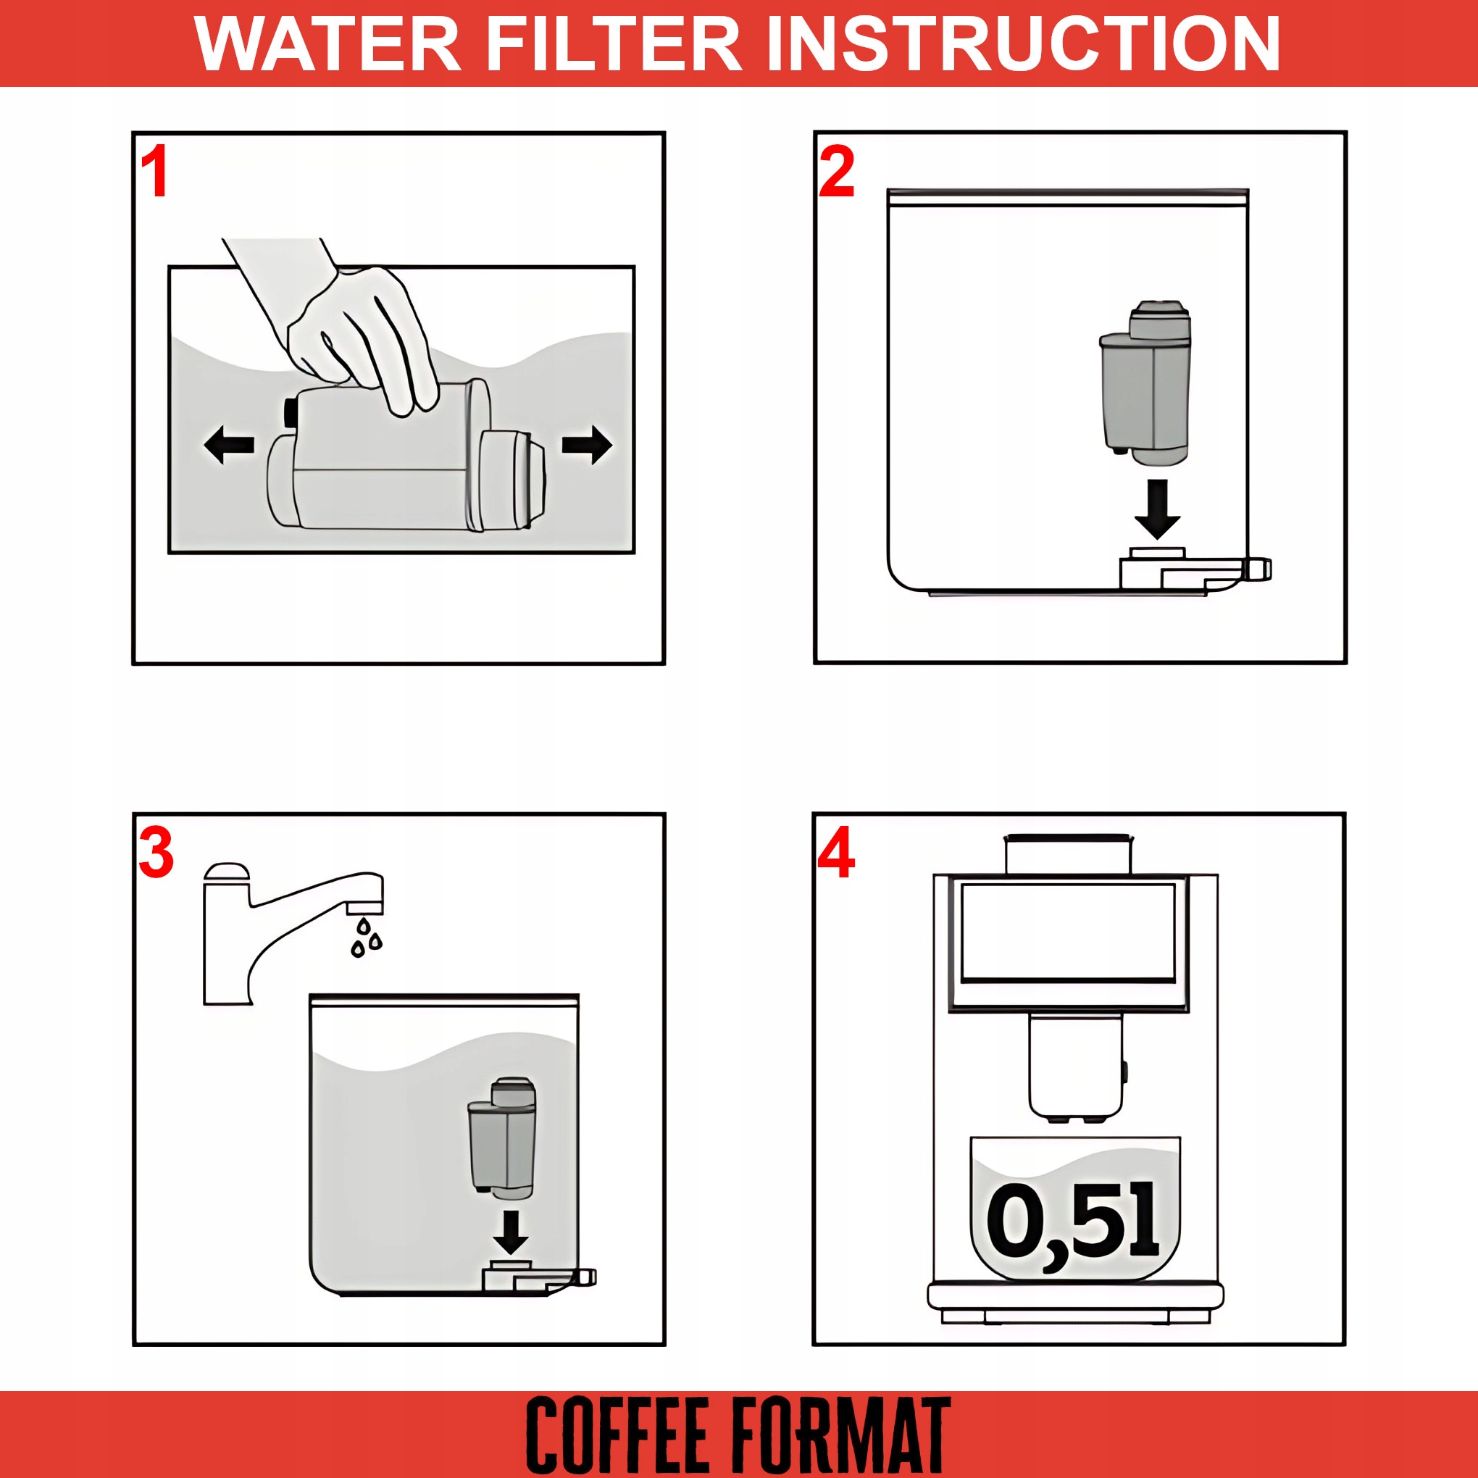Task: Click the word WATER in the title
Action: click(327, 43)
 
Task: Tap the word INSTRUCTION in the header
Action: click(1023, 43)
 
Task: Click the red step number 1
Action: click(155, 173)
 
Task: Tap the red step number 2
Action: click(836, 173)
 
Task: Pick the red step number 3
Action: click(156, 853)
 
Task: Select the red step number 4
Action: click(835, 853)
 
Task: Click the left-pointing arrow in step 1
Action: click(229, 444)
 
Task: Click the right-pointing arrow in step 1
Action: click(587, 444)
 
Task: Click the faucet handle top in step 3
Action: click(227, 873)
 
